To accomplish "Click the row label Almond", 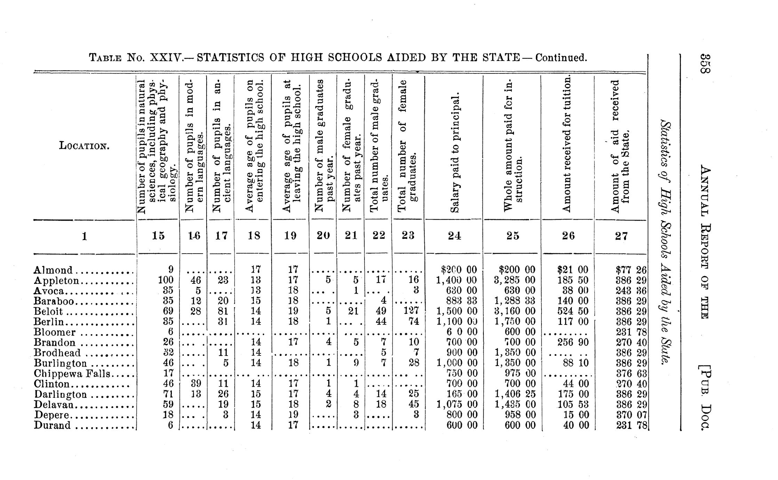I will [53, 270].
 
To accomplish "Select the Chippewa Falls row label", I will [72, 374].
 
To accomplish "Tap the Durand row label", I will [52, 425].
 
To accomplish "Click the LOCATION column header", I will [84, 145].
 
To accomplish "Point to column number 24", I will [454, 236].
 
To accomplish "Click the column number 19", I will [290, 236].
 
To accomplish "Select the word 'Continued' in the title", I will [561, 57].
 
